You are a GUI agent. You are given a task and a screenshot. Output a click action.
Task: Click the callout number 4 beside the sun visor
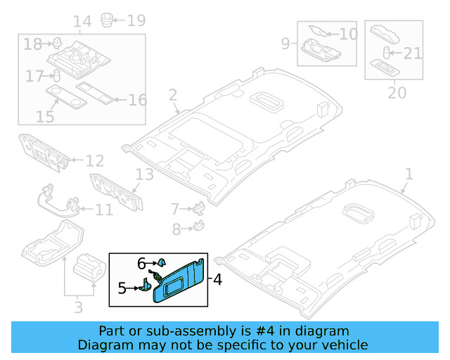(217, 280)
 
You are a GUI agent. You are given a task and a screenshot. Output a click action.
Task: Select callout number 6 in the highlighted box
(141, 263)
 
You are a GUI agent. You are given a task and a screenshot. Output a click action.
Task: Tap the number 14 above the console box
(82, 21)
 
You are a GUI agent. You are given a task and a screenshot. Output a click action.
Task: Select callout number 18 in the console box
(32, 44)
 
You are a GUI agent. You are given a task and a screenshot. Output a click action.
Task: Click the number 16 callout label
(137, 100)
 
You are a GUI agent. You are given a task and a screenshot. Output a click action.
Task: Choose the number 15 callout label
(45, 116)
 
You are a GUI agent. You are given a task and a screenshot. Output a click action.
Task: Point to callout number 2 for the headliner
(172, 95)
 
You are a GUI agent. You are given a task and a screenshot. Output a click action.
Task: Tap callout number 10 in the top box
(348, 34)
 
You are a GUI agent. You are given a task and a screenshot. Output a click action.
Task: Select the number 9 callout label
(285, 44)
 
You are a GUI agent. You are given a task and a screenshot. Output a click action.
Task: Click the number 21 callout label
(413, 53)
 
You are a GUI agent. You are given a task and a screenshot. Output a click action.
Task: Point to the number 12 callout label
(94, 161)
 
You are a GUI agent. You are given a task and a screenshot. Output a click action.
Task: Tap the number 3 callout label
(78, 307)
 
